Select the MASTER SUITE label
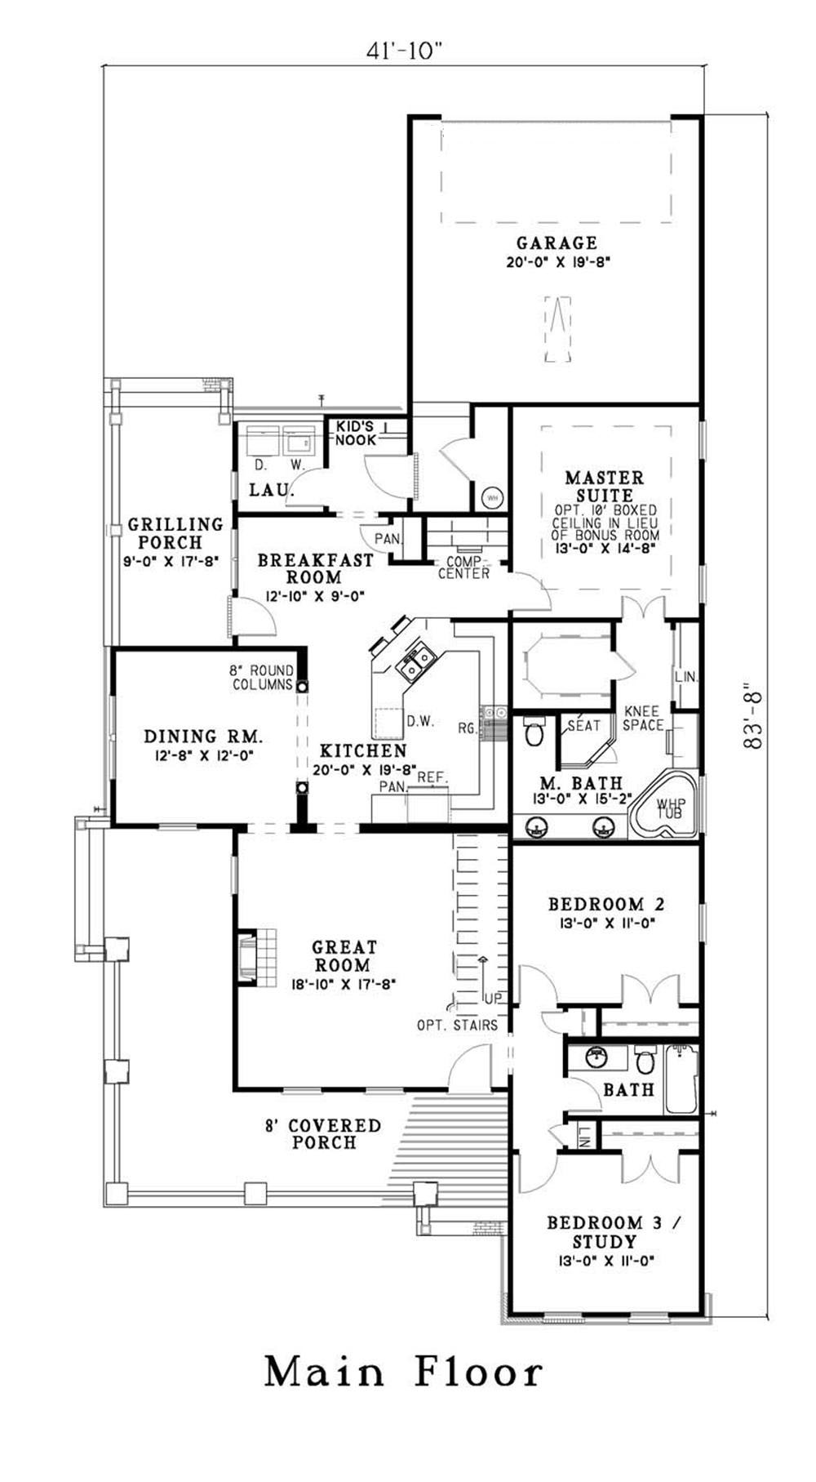tap(605, 486)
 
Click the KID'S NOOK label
tap(357, 433)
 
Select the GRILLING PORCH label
tap(175, 533)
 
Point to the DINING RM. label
tap(203, 737)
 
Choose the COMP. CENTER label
tap(464, 567)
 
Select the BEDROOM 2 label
tap(605, 904)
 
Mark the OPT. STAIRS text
tap(457, 1025)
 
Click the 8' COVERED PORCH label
tap(323, 1134)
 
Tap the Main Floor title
tap(404, 1372)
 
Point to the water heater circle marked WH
tap(492, 496)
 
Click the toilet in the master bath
tap(534, 732)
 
